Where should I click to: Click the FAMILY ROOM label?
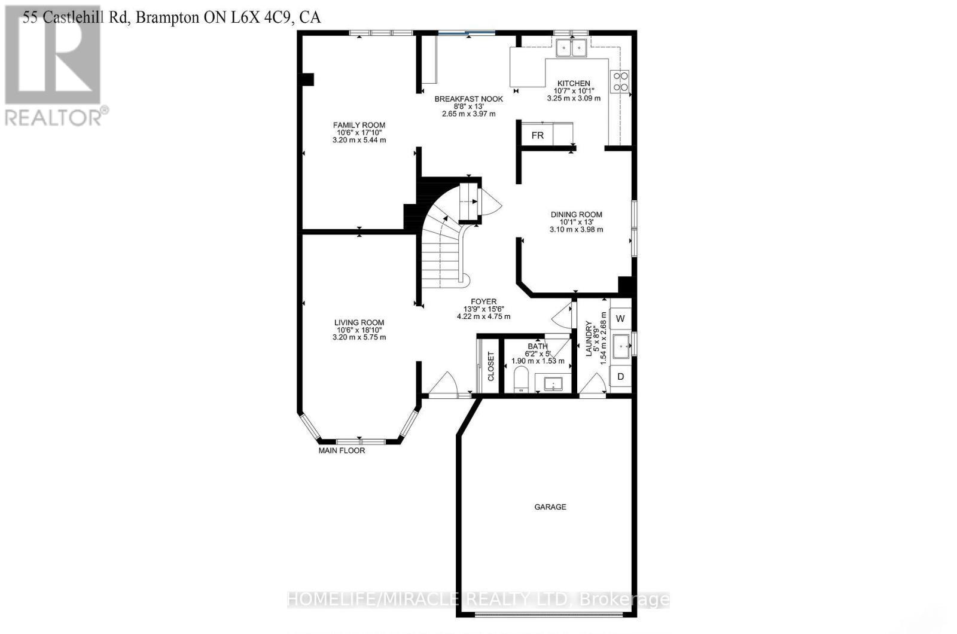coord(359,125)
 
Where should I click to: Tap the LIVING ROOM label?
coord(359,322)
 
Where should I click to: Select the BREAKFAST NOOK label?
coord(469,99)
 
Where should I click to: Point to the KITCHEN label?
coord(574,83)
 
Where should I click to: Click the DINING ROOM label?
coord(577,215)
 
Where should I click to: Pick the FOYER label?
coord(484,301)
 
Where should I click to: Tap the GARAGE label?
coord(550,507)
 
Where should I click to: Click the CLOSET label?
coord(490,367)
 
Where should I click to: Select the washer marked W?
coord(620,318)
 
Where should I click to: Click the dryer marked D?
coord(620,376)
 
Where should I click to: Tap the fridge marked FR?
coord(538,135)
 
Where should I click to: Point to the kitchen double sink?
coord(572,47)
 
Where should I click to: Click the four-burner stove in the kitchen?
coord(620,81)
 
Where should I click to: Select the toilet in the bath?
coord(521,379)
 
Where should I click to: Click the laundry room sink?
coord(621,346)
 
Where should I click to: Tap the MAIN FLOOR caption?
coord(342,450)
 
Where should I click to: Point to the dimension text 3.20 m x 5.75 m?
coord(359,337)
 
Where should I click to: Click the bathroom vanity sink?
coord(553,384)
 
